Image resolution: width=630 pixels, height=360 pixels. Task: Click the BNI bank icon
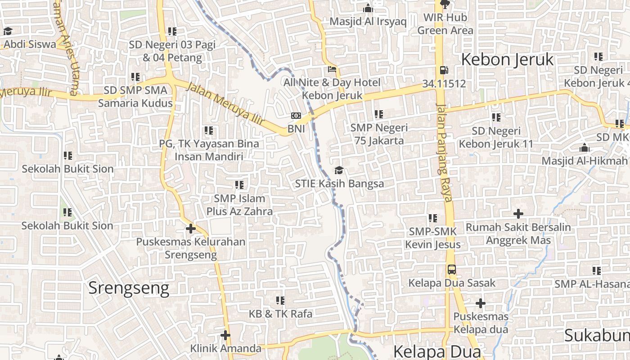(296, 116)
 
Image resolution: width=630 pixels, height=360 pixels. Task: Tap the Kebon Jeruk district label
(507, 59)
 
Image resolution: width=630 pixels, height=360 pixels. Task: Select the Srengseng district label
(129, 288)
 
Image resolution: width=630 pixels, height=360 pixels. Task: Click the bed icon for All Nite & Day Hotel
(332, 70)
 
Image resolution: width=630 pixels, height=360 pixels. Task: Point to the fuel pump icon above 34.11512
(444, 70)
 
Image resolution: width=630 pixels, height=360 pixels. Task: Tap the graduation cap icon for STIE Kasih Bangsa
(339, 170)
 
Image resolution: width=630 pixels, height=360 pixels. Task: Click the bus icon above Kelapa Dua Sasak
(451, 270)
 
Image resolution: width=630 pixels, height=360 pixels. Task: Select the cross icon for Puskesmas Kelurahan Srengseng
(190, 229)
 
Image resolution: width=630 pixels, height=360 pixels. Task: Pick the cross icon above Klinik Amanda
(225, 335)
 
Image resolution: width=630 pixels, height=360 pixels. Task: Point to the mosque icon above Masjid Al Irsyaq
(368, 8)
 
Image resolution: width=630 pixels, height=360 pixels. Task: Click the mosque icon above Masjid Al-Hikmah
(584, 148)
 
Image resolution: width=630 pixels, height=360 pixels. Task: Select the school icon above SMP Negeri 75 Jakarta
(378, 114)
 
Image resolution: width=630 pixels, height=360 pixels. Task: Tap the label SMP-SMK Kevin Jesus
(433, 238)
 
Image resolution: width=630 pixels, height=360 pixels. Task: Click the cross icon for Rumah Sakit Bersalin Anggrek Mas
(518, 214)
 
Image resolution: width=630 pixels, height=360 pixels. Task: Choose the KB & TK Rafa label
(280, 314)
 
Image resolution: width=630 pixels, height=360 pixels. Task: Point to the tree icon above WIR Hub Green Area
(445, 5)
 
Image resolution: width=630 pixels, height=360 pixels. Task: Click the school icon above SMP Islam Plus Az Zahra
(239, 185)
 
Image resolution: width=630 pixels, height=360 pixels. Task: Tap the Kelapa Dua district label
(437, 351)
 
